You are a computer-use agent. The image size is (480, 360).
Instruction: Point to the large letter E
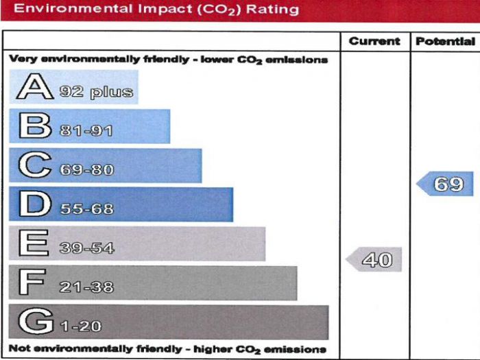[34, 244]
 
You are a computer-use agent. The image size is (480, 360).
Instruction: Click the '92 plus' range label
[96, 92]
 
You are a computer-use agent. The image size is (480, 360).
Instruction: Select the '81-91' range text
[86, 131]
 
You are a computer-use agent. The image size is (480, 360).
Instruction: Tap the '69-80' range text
[86, 170]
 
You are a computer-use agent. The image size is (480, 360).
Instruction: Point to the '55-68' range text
[86, 209]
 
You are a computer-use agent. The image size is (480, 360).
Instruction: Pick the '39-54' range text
[86, 248]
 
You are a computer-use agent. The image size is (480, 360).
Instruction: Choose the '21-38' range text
[86, 287]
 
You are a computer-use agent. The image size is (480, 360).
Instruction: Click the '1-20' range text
[81, 326]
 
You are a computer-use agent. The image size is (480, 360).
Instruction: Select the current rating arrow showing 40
[374, 260]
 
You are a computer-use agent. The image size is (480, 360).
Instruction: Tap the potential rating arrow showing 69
[445, 184]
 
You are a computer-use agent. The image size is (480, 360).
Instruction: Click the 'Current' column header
[374, 41]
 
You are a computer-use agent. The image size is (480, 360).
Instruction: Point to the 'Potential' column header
[445, 41]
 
